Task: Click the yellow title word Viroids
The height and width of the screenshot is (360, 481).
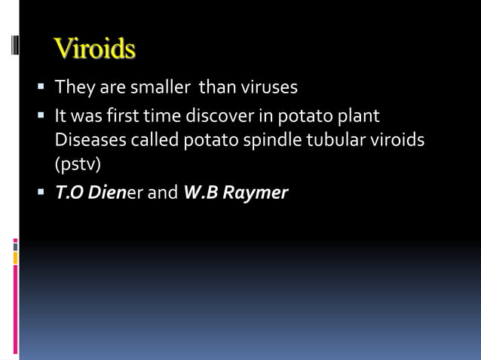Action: point(95,49)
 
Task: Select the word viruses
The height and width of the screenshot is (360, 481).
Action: point(268,87)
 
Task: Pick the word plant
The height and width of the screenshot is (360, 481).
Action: point(358,117)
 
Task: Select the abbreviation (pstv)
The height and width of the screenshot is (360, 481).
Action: point(78,163)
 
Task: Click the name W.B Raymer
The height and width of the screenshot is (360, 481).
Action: point(235,193)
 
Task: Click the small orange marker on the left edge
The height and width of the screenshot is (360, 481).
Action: point(15,258)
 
